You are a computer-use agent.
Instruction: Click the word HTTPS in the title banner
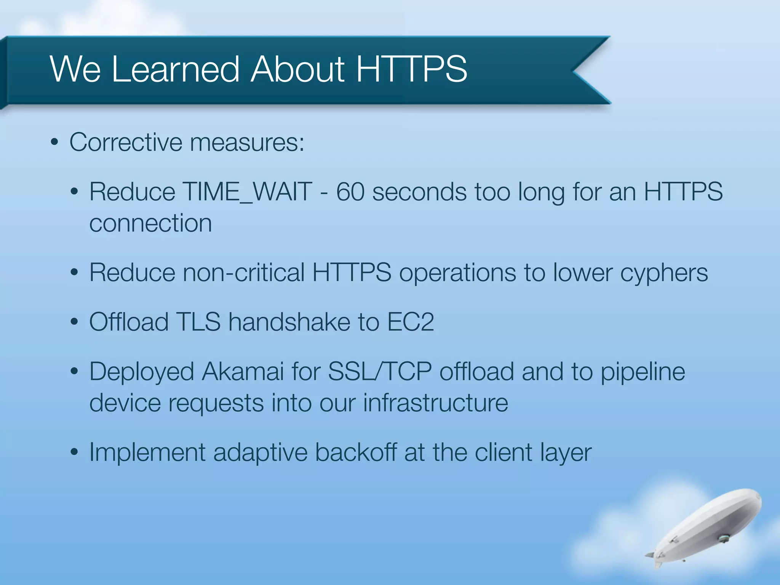coord(411,69)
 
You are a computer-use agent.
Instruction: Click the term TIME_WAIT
coord(248,192)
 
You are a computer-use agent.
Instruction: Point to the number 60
coord(350,192)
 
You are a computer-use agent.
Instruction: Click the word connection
coord(150,223)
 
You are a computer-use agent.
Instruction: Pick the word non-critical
coord(244,273)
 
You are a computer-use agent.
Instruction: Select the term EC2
coord(410,322)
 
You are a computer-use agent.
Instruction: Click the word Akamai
coord(243,372)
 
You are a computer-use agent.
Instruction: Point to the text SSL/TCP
coord(380,372)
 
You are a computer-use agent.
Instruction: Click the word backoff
coord(356,453)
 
